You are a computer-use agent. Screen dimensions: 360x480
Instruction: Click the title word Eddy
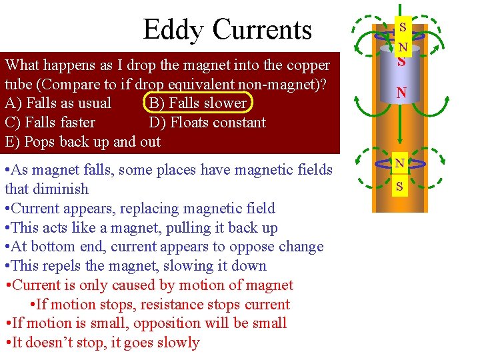point(174,30)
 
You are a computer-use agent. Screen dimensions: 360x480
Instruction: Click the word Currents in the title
point(262,30)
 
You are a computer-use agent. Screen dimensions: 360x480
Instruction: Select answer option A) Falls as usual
point(58,103)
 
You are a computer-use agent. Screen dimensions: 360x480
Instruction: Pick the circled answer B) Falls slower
point(197,103)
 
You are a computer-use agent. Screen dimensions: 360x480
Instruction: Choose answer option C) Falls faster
point(50,123)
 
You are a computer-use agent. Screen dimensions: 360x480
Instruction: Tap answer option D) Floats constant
point(207,123)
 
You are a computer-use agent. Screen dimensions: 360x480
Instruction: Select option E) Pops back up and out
point(83,141)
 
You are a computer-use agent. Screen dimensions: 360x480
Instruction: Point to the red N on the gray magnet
point(401,92)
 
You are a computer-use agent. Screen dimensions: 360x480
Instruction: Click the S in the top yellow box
point(402,28)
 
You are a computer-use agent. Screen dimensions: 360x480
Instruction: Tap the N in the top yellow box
point(402,47)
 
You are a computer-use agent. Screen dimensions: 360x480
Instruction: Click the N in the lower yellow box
point(399,164)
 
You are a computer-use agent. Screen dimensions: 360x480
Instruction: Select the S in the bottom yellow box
point(399,187)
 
